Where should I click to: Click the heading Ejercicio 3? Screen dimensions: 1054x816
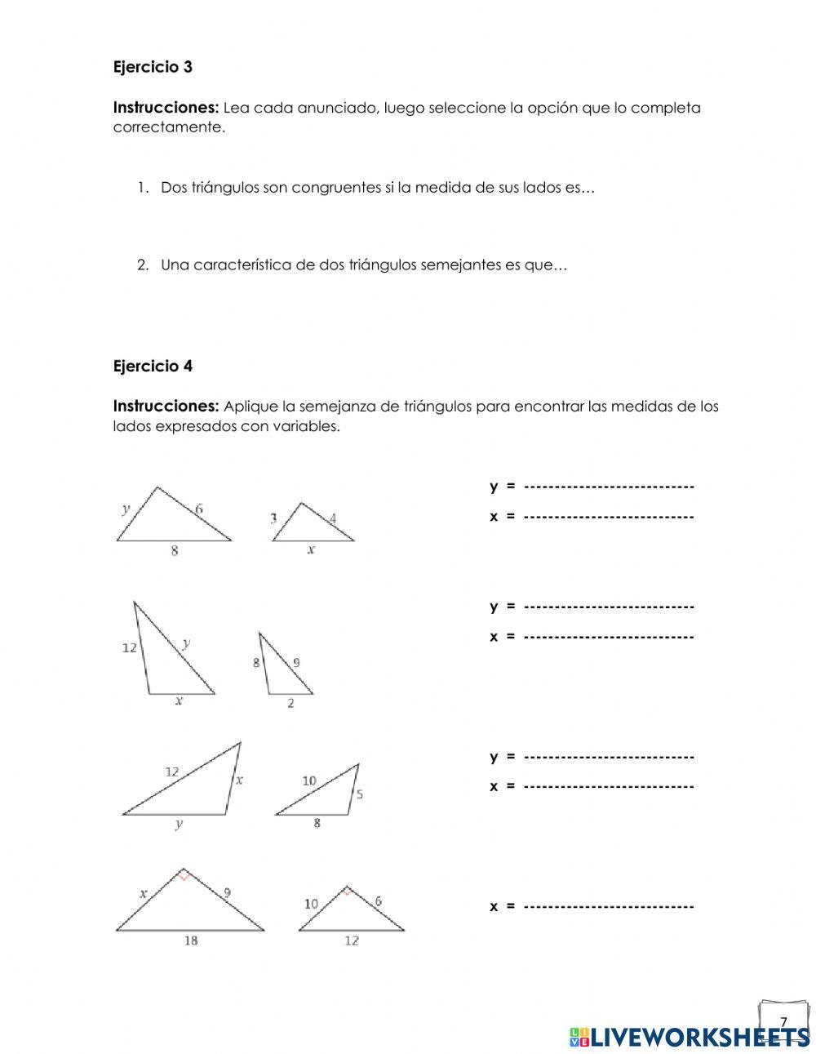click(153, 67)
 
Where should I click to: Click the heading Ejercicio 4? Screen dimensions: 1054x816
click(153, 367)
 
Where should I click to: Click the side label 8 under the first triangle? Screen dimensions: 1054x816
click(175, 551)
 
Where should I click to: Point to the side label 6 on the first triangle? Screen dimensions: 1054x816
click(199, 509)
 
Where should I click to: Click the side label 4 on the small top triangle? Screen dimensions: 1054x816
click(333, 518)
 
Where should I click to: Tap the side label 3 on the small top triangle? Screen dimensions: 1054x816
click(273, 518)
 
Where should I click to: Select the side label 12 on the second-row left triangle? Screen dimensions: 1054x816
click(130, 648)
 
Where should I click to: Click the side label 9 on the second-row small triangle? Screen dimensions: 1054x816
click(296, 663)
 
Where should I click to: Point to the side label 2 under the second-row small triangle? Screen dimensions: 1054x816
click(290, 703)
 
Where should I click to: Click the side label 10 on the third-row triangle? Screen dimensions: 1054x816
click(309, 781)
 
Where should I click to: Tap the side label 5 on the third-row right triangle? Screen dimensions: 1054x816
click(360, 794)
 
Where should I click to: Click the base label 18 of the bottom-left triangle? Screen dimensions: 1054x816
click(190, 941)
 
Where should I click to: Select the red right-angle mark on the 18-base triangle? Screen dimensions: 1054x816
click(185, 876)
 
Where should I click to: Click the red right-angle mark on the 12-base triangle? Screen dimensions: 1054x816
click(348, 892)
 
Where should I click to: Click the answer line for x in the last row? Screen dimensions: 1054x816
click(608, 906)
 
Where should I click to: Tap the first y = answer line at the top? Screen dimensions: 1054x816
click(608, 487)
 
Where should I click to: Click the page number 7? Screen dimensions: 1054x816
click(783, 1022)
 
